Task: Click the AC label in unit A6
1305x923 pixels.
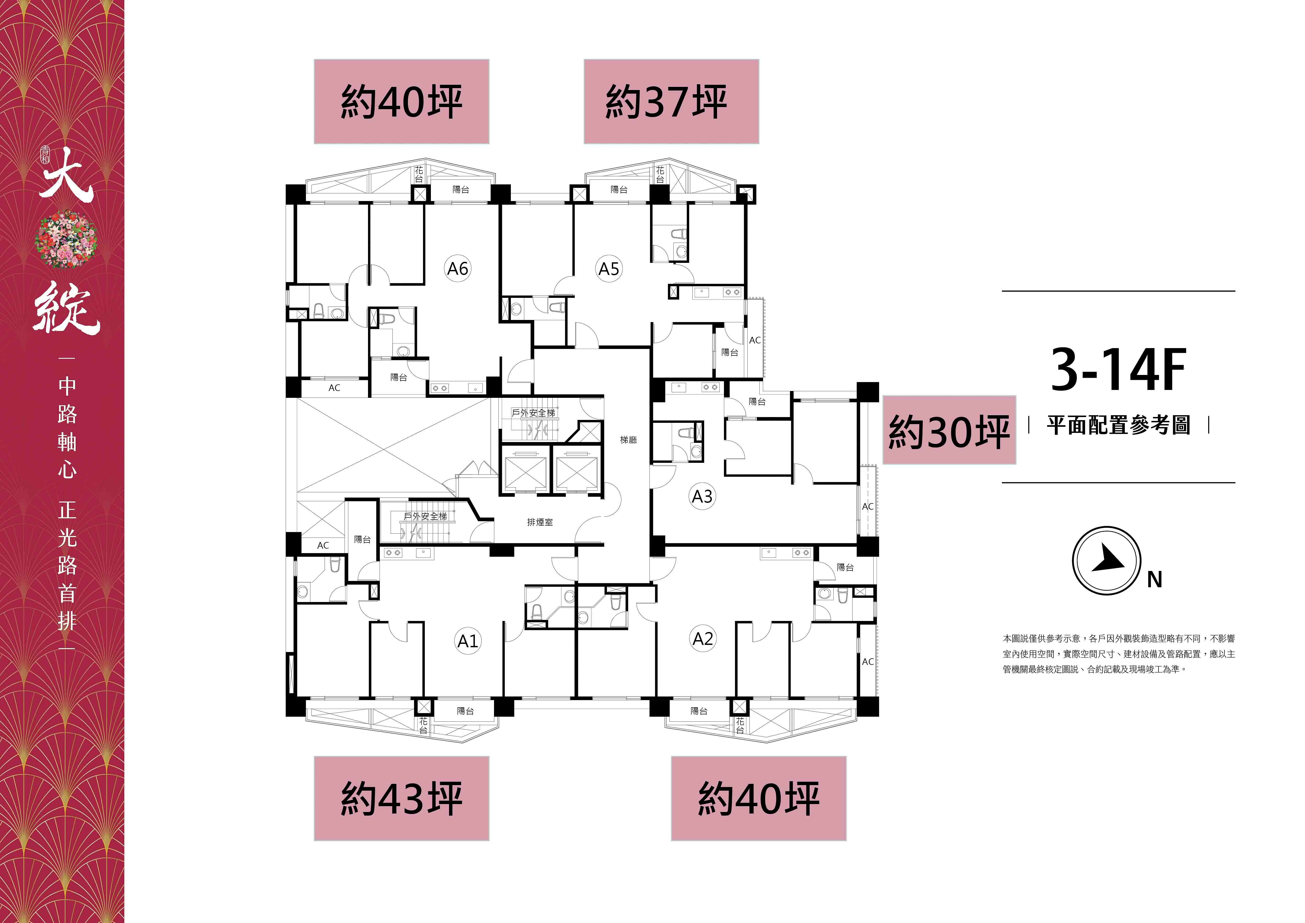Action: pos(334,388)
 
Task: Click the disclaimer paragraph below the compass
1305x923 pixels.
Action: pos(1118,654)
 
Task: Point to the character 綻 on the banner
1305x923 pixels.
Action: pos(67,310)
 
